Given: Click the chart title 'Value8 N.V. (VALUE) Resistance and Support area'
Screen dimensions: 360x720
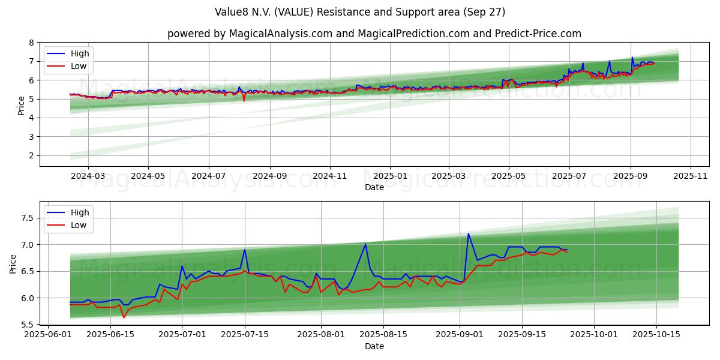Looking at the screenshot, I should pos(360,12).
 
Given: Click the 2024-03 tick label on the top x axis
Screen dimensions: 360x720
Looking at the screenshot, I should pos(88,176).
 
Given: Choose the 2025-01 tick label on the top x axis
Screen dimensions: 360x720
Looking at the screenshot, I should pos(390,176).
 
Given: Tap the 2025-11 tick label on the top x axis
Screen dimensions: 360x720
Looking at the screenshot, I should pos(691,176).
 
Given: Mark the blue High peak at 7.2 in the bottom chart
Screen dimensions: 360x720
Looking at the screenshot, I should pos(468,234).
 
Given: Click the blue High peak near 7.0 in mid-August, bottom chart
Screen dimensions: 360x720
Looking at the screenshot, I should pos(365,244).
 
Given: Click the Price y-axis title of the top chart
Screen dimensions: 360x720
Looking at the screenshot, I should pos(22,106).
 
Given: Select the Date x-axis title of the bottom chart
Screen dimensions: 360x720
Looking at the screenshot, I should pos(374,347).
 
